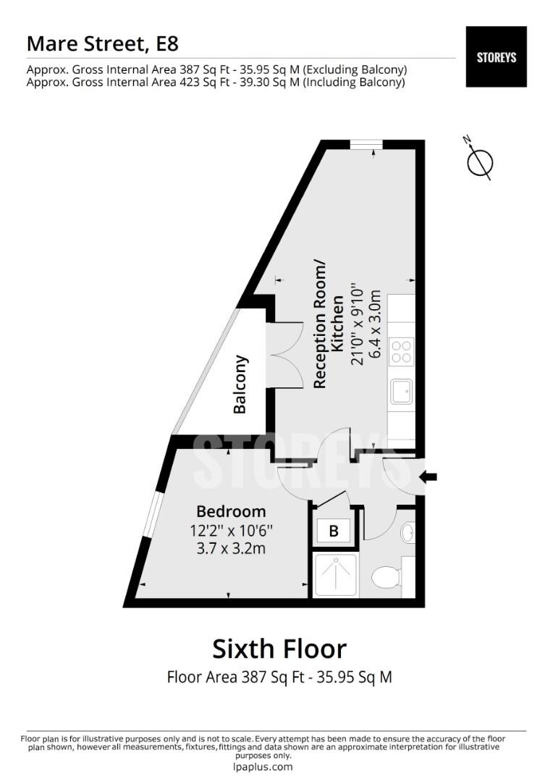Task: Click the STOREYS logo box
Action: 496,56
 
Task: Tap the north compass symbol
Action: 479,161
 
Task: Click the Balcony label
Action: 240,384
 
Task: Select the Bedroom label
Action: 231,512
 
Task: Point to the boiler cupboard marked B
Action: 334,531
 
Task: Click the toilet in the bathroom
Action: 385,578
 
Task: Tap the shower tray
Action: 335,575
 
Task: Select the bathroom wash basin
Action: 408,533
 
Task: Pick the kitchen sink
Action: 401,392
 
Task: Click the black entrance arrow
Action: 429,476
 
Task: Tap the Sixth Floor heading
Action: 279,648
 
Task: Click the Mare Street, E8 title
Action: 102,43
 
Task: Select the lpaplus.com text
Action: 263,767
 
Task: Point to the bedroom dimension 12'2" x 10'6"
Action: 231,531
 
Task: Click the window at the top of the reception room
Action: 366,145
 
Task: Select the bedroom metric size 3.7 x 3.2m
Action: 231,549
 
